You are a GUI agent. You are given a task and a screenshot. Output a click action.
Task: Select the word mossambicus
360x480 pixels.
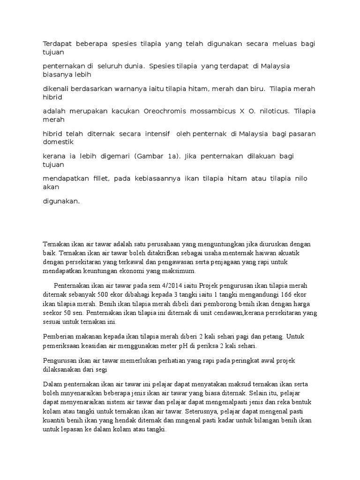pos(212,111)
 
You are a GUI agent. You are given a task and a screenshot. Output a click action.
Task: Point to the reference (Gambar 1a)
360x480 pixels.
pos(157,156)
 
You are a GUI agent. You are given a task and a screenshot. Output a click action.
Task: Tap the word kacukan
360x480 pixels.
pos(124,111)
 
